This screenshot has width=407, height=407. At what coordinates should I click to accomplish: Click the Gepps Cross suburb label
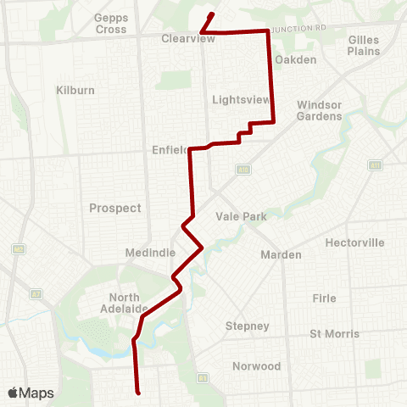110,23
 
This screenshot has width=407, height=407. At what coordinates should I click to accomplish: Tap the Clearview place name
184,38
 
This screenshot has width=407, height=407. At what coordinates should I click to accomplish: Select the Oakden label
296,59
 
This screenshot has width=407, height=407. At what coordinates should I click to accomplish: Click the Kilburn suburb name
77,89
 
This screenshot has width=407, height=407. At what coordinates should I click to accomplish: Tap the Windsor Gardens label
319,109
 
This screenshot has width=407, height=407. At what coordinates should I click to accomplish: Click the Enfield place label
169,150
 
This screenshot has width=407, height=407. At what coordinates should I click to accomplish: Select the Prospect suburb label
115,208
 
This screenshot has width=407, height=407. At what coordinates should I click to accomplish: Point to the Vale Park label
242,216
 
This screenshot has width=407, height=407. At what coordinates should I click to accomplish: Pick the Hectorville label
354,243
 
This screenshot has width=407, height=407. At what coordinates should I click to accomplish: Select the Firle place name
324,298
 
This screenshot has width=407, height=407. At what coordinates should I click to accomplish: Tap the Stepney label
248,326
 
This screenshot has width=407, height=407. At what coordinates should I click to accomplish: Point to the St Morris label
334,333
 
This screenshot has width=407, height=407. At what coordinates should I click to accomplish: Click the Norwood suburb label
256,366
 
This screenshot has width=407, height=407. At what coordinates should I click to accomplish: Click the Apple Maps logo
31,393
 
